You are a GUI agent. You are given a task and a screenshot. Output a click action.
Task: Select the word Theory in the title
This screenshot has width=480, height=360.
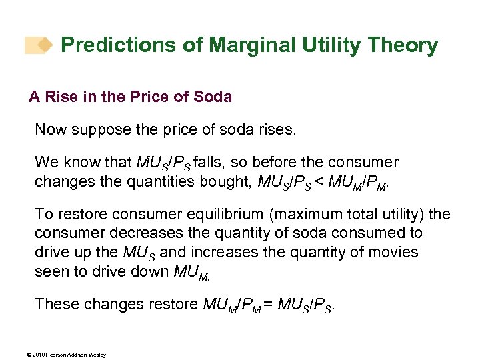coord(403,46)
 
